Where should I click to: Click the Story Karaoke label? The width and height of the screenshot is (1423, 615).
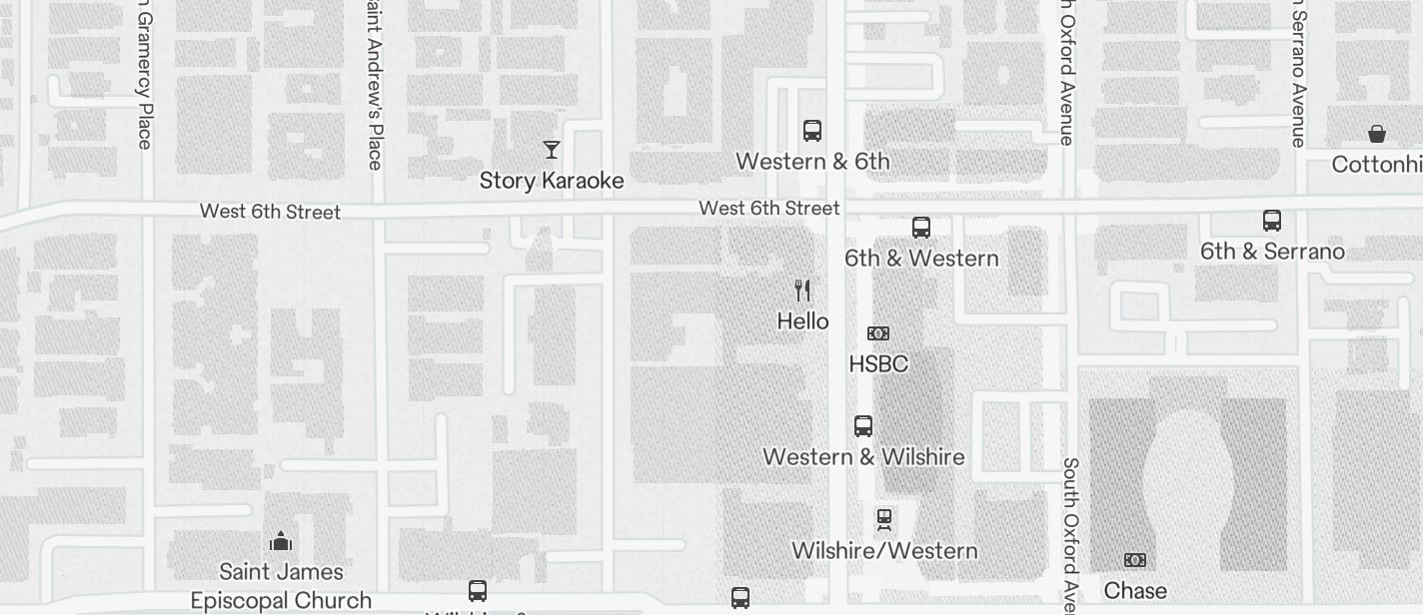(x=552, y=181)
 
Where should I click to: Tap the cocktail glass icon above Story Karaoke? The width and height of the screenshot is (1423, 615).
(x=552, y=150)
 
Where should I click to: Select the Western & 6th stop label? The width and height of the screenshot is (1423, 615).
(x=812, y=162)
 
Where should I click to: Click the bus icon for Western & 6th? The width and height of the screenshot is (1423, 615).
(x=812, y=130)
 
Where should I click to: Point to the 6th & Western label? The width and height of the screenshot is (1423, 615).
(x=921, y=259)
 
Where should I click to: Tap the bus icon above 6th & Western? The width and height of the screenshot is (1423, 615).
(x=921, y=228)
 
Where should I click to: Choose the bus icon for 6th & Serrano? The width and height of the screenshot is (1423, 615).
(x=1272, y=221)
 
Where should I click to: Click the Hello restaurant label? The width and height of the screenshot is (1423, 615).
(x=802, y=321)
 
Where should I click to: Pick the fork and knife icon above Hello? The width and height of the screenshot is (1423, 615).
(x=802, y=291)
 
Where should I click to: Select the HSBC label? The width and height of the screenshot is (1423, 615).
(x=878, y=364)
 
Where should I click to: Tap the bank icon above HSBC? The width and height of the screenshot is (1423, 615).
(x=878, y=333)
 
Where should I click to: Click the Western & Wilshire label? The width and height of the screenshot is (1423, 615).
(x=863, y=457)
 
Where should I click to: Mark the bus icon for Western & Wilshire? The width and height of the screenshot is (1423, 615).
(x=863, y=426)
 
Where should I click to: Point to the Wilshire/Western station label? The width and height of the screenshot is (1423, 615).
(x=884, y=551)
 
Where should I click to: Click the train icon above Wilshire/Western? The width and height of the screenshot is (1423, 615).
(x=884, y=519)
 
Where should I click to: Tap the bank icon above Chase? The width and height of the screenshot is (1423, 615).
(x=1135, y=560)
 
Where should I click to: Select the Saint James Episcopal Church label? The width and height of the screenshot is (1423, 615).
(x=281, y=586)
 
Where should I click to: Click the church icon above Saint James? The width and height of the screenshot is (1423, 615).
(x=281, y=541)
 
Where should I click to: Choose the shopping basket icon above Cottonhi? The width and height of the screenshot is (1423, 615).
(x=1377, y=134)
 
